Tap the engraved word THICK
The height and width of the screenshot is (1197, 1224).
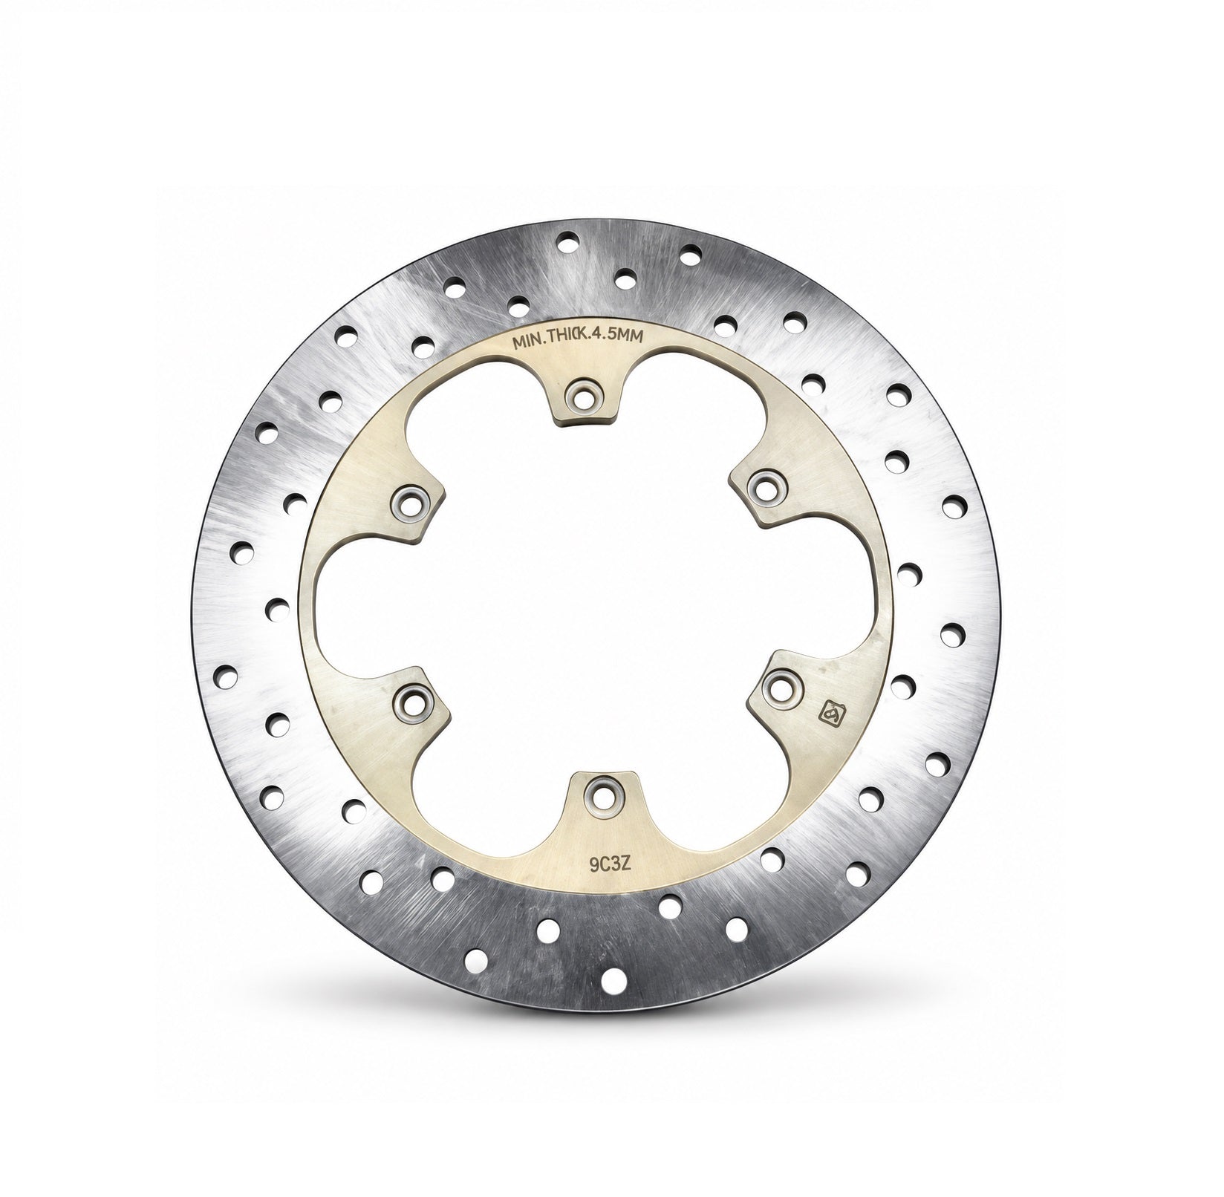pyautogui.click(x=570, y=338)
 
